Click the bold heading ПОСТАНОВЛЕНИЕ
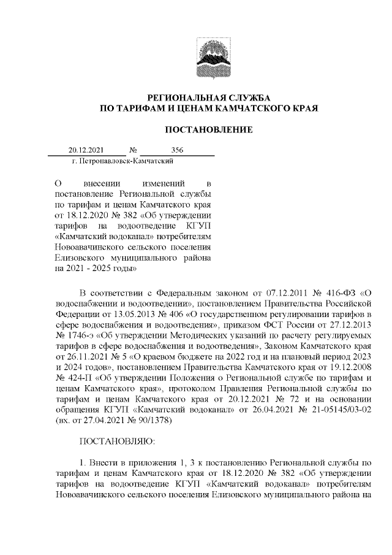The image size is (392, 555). click(x=208, y=129)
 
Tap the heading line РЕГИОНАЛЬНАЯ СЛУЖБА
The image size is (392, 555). click(x=208, y=98)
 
